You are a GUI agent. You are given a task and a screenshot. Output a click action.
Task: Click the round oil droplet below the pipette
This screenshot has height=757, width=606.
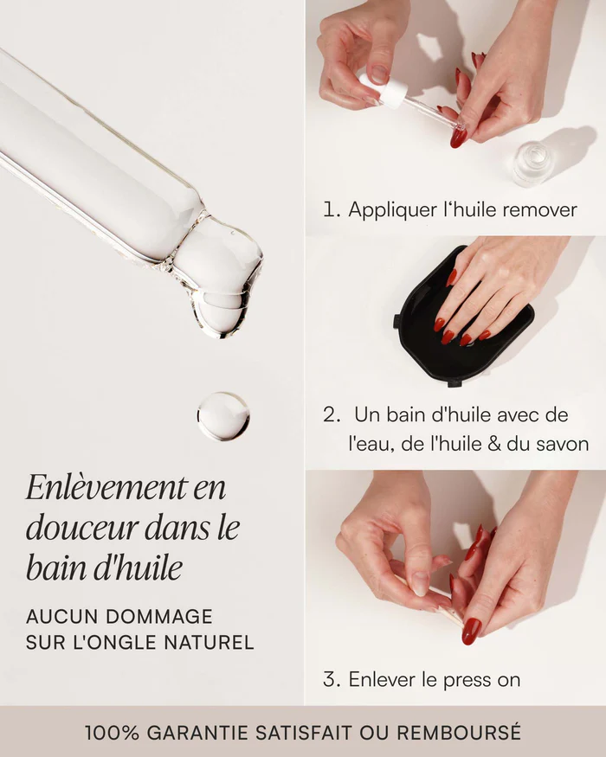[223, 416]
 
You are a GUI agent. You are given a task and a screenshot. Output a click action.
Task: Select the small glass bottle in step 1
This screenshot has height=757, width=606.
[532, 164]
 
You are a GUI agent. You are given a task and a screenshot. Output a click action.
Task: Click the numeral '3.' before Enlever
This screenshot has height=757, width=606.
[332, 679]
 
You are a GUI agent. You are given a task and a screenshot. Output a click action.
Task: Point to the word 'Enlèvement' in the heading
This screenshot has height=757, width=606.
[106, 488]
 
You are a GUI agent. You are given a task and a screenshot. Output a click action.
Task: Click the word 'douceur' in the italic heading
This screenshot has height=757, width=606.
[82, 528]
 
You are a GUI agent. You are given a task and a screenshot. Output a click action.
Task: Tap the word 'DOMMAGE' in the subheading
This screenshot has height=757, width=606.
[159, 617]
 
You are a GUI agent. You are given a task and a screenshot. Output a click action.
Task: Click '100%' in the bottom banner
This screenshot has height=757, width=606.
[113, 733]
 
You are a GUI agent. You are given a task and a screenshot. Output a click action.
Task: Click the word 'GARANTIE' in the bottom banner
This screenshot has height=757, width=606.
[197, 733]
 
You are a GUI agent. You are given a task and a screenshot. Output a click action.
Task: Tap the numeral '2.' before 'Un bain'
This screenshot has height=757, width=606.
[332, 414]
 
